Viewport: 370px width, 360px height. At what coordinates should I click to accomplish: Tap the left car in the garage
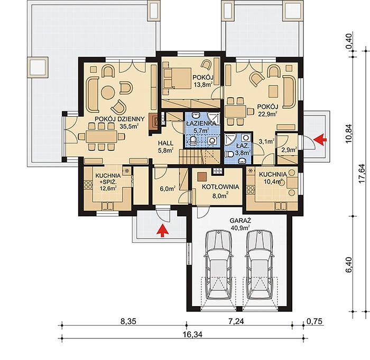coord(218,265)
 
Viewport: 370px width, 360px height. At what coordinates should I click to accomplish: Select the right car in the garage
coord(260,265)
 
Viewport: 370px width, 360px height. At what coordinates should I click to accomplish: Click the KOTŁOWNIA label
coord(220,187)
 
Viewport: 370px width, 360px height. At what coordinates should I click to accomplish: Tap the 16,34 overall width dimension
coord(193,335)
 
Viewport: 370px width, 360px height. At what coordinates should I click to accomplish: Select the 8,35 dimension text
coord(128,321)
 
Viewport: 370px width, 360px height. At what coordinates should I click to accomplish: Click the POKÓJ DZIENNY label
coord(119,119)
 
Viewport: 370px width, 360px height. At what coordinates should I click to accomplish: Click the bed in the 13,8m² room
coord(177,78)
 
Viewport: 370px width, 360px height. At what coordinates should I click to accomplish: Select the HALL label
coord(165,143)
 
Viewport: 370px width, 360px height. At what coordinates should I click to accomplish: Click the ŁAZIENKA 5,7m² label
coord(201,126)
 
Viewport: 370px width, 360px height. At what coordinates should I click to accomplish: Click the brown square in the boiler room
coord(202,176)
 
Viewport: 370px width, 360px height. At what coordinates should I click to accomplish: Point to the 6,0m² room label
coord(168,189)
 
